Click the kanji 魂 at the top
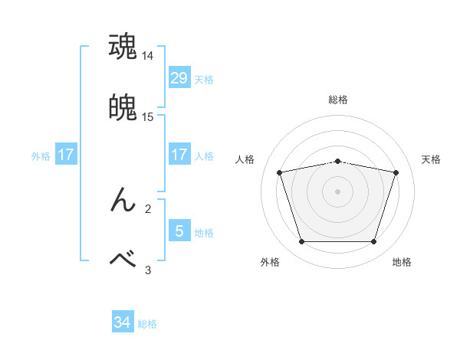pos(123,47)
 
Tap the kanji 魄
pos(123,107)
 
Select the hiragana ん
pos(123,200)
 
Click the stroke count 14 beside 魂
pos(148,56)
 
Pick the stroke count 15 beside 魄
pos(148,116)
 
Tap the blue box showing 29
pos(179,77)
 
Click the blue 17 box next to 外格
pos(65,155)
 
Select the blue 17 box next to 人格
pos(179,155)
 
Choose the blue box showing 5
pos(179,231)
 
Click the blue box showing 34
pos(122,322)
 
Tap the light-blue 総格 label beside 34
pos(147,324)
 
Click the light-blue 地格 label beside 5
pos(204,232)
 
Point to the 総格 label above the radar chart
pos(337,100)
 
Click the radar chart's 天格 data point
pos(396,172)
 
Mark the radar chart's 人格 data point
pos(279,172)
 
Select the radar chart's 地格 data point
pos(373,242)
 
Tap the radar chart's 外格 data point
pos(301,242)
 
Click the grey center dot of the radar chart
pos(337,191)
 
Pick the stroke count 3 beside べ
pos(148,270)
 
